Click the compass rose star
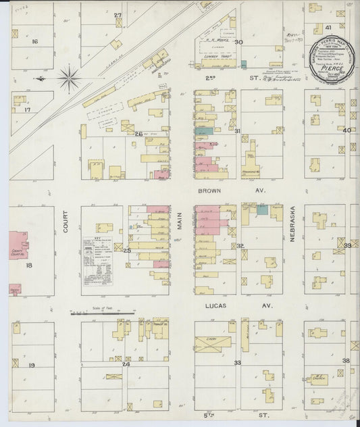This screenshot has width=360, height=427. pyautogui.click(x=68, y=79)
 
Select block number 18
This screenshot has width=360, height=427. pyautogui.click(x=28, y=266)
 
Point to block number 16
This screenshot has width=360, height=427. pyautogui.click(x=34, y=41)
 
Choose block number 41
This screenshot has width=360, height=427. pyautogui.click(x=328, y=28)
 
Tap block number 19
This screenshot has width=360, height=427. pyautogui.click(x=31, y=365)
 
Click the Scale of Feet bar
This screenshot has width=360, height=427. pyautogui.click(x=101, y=313)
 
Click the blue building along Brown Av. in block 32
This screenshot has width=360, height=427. pyautogui.click(x=261, y=210)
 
